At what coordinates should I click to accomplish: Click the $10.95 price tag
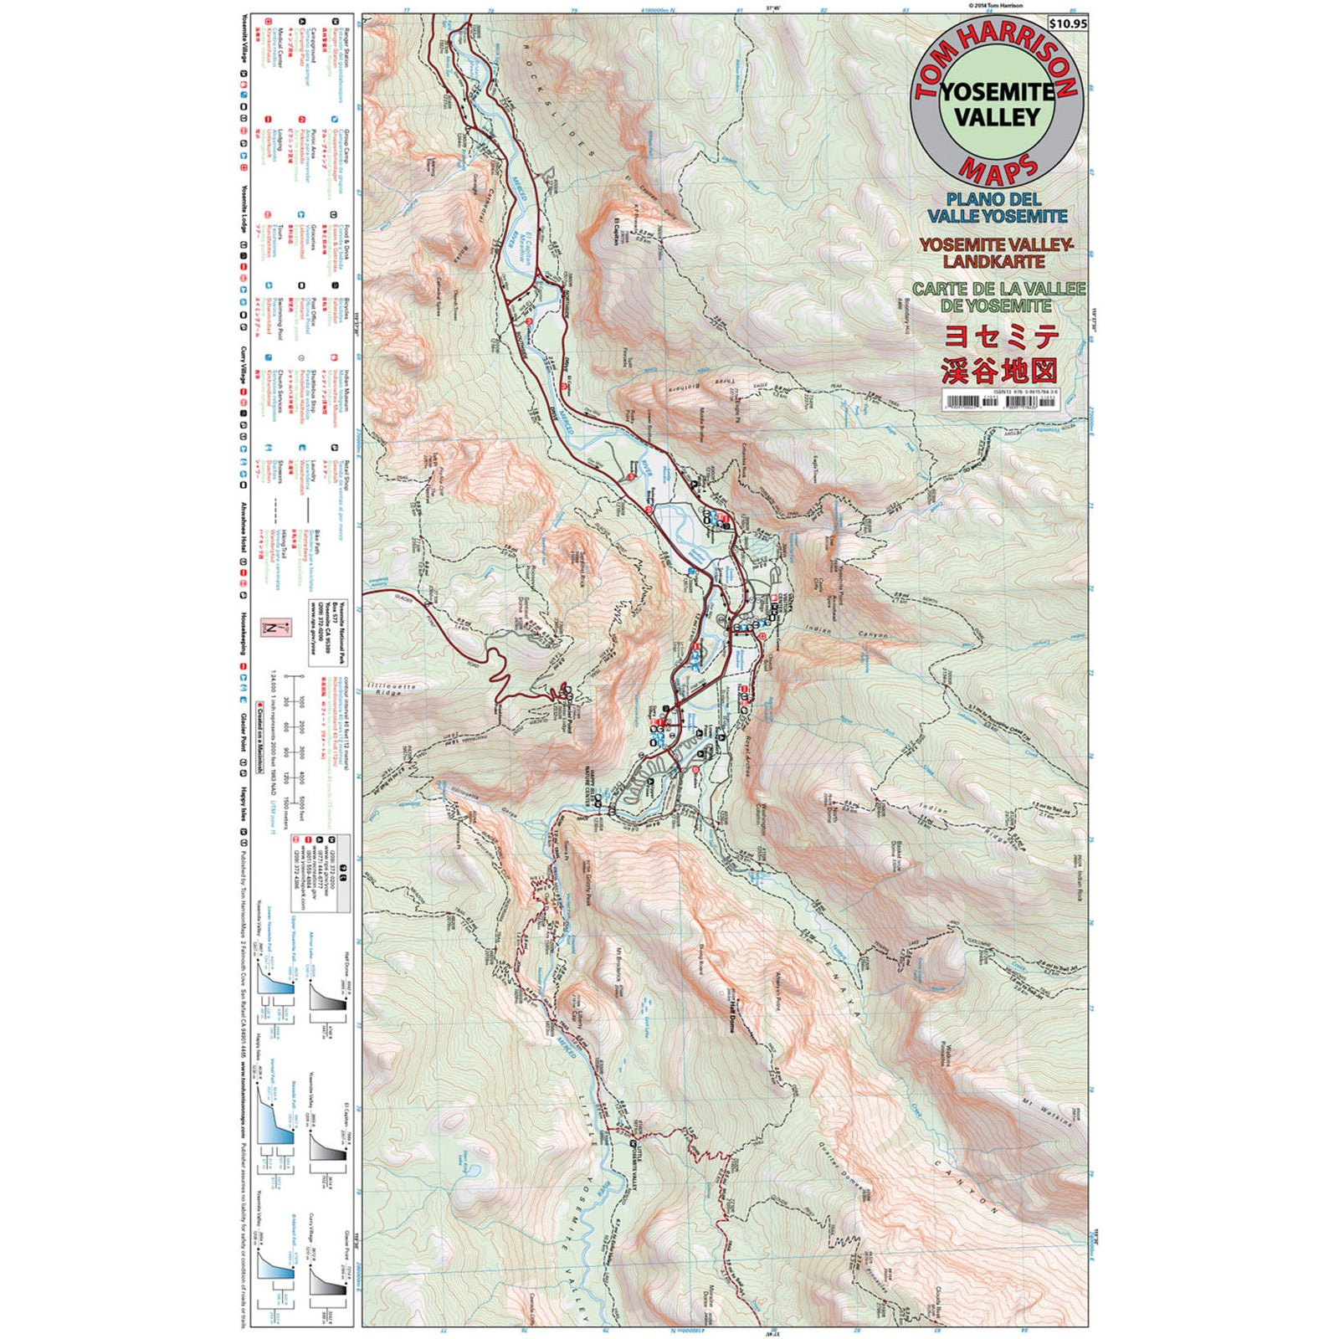[1068, 23]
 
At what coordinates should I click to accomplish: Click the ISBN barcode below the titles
[999, 402]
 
